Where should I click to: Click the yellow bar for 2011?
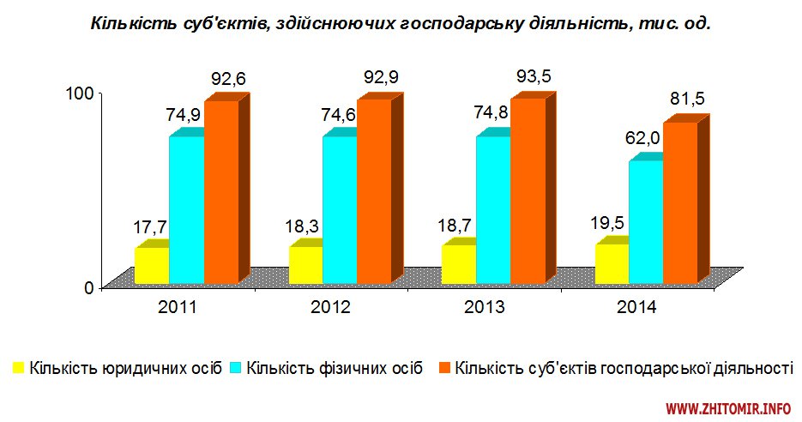pyautogui.click(x=152, y=265)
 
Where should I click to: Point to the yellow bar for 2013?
pyautogui.click(x=458, y=264)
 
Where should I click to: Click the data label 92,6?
pyautogui.click(x=228, y=80)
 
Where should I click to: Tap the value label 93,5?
pyautogui.click(x=534, y=77)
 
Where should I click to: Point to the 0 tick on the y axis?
pyautogui.click(x=88, y=286)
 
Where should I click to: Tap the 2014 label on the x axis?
pyautogui.click(x=636, y=307)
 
